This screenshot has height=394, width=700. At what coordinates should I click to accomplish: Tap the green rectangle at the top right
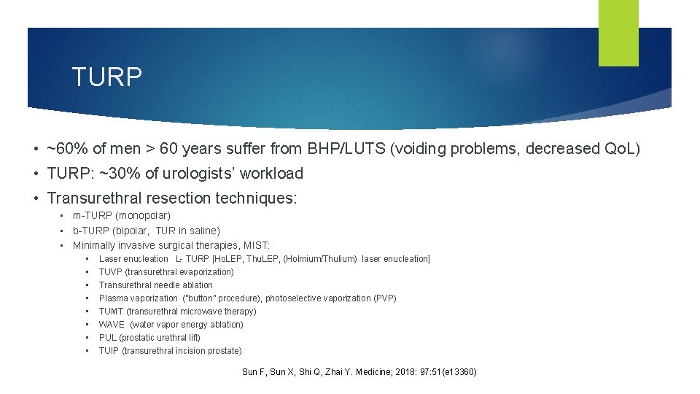tap(618, 32)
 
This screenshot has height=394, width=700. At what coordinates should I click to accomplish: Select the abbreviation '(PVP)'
tap(385, 298)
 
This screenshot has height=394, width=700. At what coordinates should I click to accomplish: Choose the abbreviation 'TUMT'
tap(112, 312)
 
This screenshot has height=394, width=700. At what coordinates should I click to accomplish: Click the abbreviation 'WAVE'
tap(112, 325)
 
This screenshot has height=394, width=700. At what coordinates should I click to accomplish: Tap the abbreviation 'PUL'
tap(107, 338)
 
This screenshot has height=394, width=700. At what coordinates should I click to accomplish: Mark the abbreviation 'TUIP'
tap(109, 351)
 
